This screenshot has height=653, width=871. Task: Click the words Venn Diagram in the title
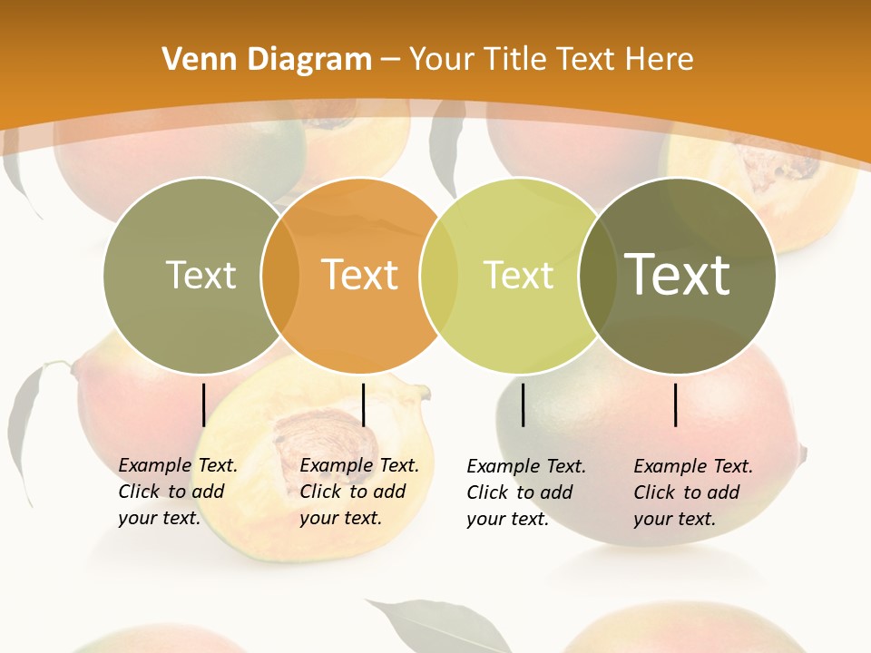point(267,60)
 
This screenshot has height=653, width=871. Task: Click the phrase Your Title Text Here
point(551,60)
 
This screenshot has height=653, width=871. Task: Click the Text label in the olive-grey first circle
point(201,275)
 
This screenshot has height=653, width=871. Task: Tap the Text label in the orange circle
point(360,275)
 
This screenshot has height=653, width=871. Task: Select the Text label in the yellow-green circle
point(518,275)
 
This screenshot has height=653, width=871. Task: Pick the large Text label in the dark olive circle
point(678,274)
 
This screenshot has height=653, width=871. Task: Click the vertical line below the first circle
point(203,404)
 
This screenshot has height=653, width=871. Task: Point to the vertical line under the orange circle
point(363,404)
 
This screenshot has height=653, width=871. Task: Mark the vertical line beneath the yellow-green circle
point(523,404)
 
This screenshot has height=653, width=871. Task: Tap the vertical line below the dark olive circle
point(675,404)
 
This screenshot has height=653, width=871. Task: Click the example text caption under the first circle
point(177,492)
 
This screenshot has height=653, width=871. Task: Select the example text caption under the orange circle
point(358,492)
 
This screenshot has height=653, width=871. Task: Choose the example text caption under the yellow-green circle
point(525,492)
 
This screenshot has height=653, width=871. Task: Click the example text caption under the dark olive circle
point(692,492)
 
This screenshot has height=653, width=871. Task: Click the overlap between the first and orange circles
point(279,276)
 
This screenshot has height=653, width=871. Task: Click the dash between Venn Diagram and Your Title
point(390,60)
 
